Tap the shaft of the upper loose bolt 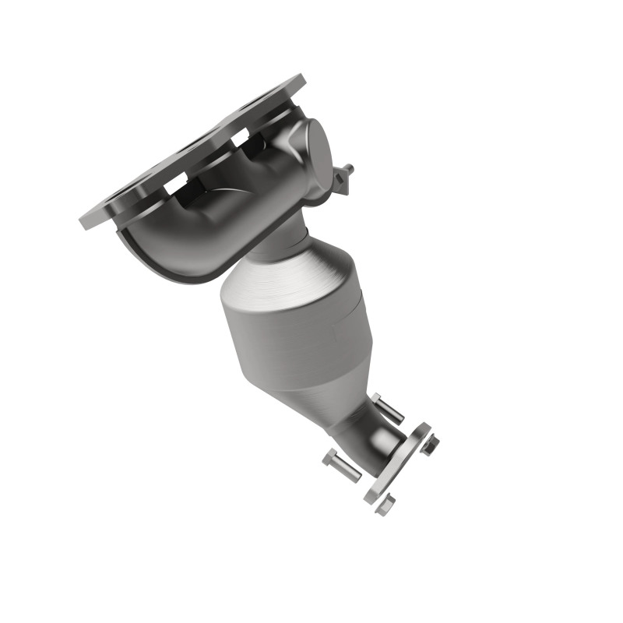click(389, 409)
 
